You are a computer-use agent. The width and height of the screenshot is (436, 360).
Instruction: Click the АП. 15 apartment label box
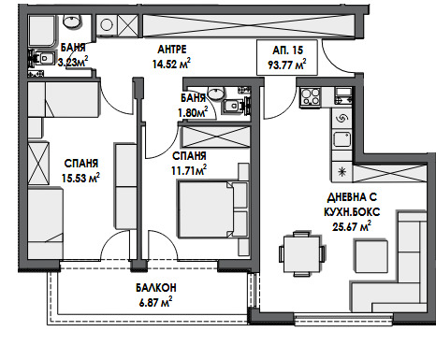point(287,57)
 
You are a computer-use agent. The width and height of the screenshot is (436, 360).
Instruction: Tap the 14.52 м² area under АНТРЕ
point(171,64)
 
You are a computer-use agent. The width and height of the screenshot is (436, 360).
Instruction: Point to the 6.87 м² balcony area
point(156,302)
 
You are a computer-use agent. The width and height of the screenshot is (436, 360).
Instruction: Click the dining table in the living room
point(302,254)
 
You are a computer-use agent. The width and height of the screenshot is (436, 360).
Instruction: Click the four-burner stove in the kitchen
point(310,96)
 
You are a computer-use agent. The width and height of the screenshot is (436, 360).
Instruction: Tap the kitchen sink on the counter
point(342,139)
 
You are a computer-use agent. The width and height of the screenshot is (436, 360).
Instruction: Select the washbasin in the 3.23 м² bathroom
point(72,22)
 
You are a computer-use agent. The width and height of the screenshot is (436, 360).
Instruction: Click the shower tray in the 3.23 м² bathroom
point(43,31)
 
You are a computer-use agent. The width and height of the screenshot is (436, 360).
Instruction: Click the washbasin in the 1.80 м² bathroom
point(216,93)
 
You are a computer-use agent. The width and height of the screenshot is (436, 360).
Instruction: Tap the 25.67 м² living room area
point(352,226)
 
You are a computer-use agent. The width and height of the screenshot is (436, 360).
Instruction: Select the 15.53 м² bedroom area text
point(80,178)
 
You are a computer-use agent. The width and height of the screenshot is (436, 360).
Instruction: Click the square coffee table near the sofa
point(371,255)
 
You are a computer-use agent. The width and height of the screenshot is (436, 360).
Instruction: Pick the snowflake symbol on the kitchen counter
point(342,172)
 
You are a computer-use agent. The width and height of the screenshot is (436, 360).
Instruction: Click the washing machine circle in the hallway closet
point(107,24)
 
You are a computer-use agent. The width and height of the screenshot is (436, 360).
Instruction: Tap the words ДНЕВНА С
point(352,197)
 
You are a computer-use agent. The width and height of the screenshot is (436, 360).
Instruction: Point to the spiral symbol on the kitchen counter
point(342,119)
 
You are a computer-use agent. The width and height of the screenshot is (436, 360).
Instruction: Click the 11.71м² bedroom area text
point(189,170)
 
